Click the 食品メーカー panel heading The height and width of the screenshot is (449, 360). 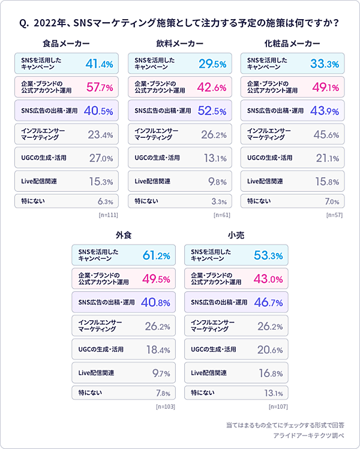click(x=67, y=44)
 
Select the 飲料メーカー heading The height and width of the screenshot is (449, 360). click(x=179, y=44)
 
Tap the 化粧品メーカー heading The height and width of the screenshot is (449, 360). click(x=292, y=44)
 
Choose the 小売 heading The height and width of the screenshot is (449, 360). click(x=236, y=235)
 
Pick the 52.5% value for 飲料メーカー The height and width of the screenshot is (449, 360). click(x=212, y=111)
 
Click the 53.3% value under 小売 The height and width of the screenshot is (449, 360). click(x=268, y=256)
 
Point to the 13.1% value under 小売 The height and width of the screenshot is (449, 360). click(x=274, y=394)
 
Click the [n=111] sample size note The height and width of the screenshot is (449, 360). click(x=108, y=215)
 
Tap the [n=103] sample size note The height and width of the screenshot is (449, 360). click(x=165, y=406)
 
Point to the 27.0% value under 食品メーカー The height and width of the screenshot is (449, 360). click(x=101, y=158)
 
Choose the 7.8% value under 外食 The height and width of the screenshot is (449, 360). click(x=163, y=394)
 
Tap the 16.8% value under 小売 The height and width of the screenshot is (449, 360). click(x=271, y=373)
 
